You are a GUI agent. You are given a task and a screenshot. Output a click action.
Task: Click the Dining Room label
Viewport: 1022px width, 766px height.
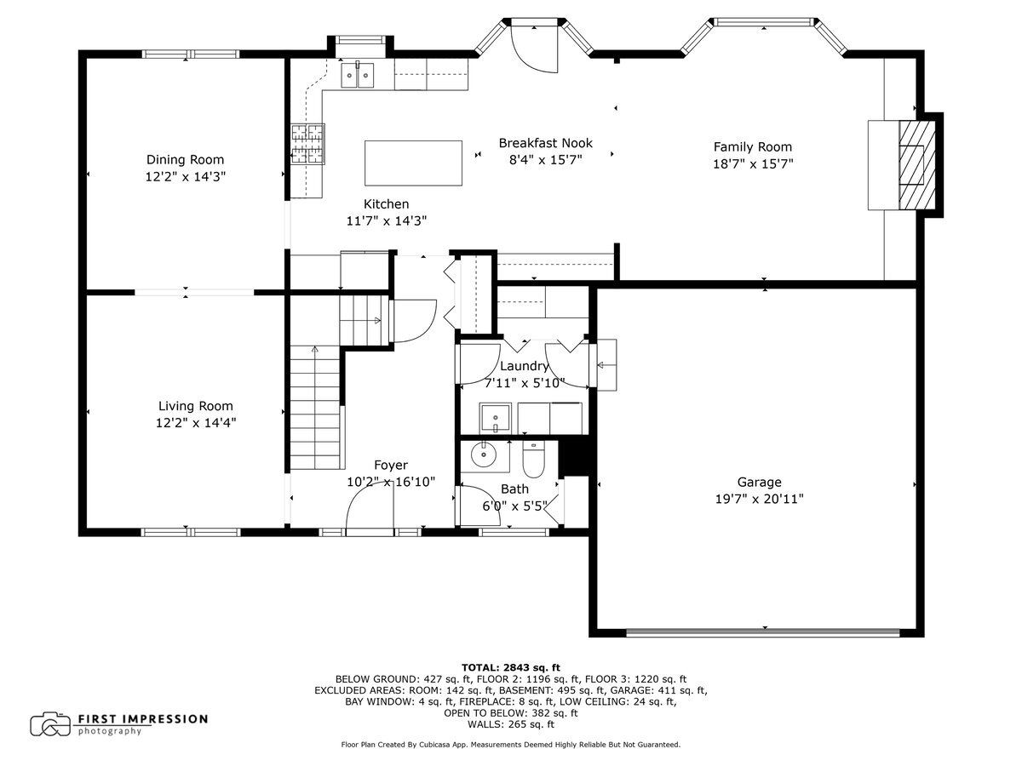tap(185, 159)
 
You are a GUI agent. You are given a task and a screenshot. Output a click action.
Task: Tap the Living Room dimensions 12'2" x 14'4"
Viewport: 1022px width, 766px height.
tap(196, 423)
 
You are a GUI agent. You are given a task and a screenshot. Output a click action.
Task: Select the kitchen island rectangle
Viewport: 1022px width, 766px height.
tap(413, 163)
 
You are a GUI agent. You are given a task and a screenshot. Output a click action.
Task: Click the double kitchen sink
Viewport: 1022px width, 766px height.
tap(357, 74)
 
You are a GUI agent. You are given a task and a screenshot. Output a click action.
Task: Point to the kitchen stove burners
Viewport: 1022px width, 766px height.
tap(307, 144)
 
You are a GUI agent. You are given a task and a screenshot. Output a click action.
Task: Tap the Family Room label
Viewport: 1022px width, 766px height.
tap(752, 147)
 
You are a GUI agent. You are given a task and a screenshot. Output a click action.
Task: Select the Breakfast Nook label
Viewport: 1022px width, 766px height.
tap(546, 143)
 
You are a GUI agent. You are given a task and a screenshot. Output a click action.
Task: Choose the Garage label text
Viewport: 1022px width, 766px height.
tap(759, 483)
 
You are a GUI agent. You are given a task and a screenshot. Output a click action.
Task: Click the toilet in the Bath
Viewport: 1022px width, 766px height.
tap(533, 460)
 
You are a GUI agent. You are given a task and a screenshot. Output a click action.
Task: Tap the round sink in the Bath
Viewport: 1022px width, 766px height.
tap(485, 454)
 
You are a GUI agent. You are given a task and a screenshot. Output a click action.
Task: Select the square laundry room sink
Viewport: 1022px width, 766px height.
tap(495, 418)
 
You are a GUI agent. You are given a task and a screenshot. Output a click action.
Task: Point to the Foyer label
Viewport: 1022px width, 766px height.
tap(391, 465)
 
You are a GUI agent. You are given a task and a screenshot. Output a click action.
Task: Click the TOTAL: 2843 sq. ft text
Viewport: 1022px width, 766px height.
tap(511, 668)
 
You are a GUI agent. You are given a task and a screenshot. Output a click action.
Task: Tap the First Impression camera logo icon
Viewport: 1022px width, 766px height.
tap(50, 724)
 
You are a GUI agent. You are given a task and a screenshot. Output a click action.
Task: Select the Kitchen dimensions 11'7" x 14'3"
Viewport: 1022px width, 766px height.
tap(387, 220)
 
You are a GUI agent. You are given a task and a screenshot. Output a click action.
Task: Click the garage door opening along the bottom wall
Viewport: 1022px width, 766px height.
tap(762, 632)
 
